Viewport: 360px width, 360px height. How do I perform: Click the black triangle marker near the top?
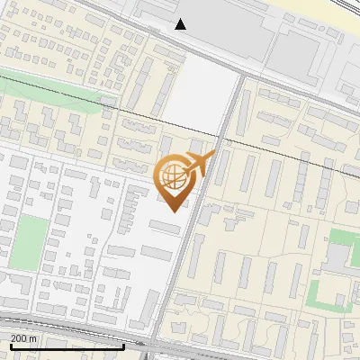[181, 24]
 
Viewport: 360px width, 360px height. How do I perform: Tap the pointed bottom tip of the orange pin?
[175, 210]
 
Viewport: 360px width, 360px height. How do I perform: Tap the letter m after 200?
[33, 338]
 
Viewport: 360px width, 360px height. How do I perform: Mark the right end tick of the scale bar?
[122, 344]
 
